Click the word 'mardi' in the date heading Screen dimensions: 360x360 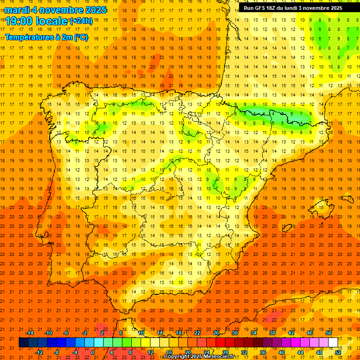click(17, 10)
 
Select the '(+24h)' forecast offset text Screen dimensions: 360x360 click(81, 21)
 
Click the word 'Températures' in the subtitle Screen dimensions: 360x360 click(29, 37)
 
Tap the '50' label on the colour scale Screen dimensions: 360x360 click(329, 333)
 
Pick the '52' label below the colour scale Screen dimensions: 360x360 click(338, 352)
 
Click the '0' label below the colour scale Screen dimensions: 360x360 click(93, 352)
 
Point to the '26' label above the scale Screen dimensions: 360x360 click(216, 333)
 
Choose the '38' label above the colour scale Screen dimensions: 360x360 click(272, 333)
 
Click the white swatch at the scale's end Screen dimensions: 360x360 click(333, 343)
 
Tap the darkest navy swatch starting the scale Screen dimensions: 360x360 click(23, 343)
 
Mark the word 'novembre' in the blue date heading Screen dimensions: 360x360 click(62, 10)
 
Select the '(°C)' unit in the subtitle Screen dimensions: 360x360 click(81, 37)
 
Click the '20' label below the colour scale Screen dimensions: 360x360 click(187, 352)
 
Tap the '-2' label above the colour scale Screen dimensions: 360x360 click(84, 333)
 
